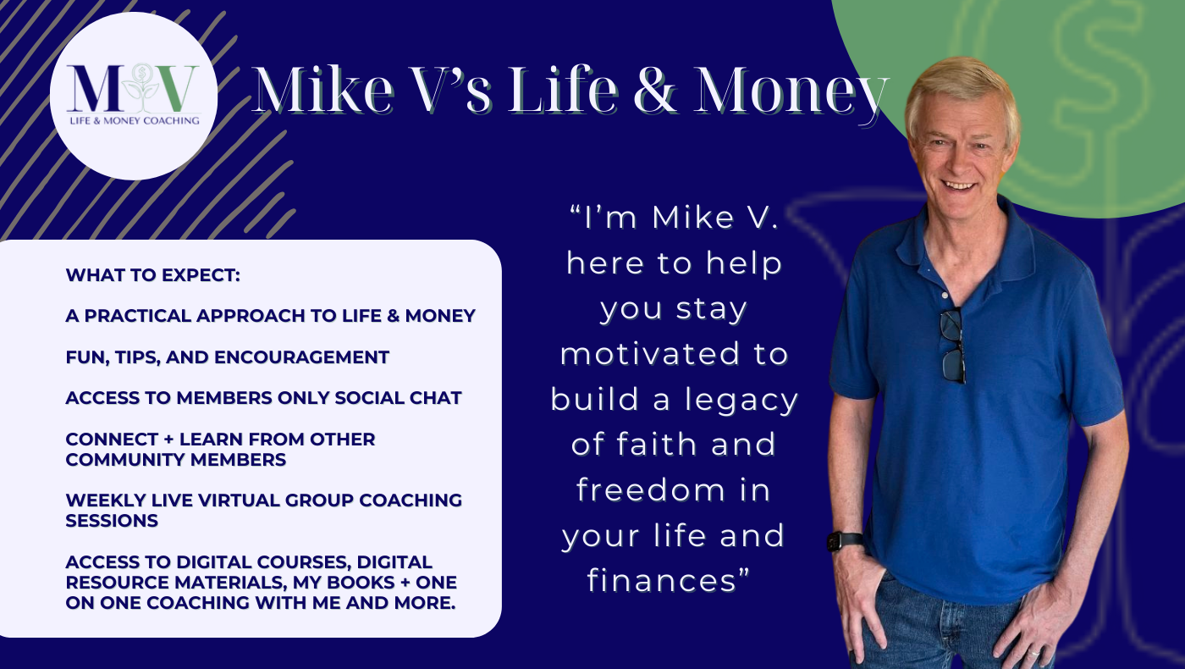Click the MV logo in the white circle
tap(134, 95)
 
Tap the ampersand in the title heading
tap(655, 90)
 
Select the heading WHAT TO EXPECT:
tap(153, 275)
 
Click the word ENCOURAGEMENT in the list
tap(301, 357)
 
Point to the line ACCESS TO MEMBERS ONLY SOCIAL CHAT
tap(263, 398)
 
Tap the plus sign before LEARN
tap(168, 440)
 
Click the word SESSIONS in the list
tap(112, 521)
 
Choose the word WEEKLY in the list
tap(106, 500)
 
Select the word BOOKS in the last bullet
tap(361, 583)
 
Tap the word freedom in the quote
tap(650, 489)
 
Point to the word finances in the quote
tap(662, 580)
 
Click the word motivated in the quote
tap(650, 354)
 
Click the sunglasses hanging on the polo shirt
tap(953, 346)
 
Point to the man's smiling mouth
tap(960, 185)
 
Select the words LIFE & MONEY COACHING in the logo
tap(135, 120)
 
